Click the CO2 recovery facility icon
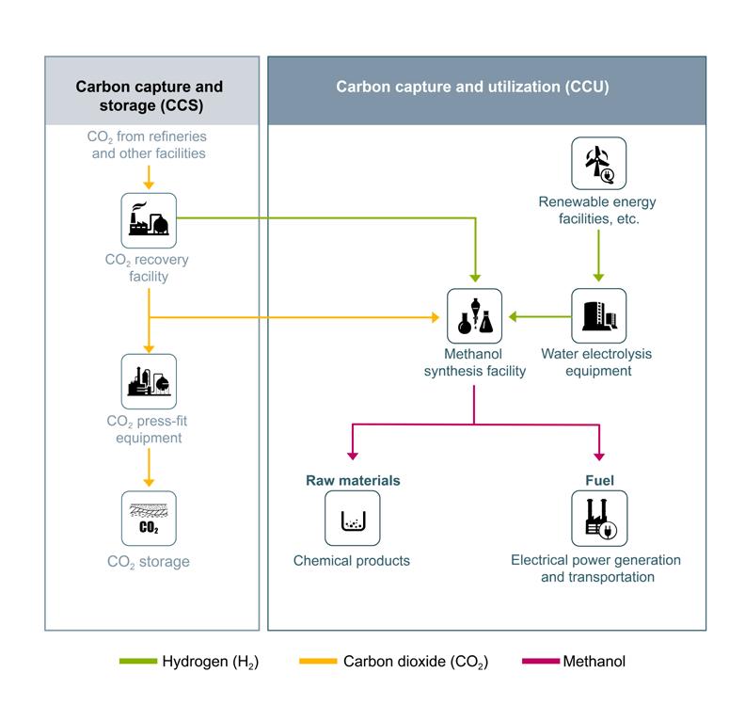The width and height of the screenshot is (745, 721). point(149,220)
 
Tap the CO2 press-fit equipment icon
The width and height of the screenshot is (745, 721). point(149,381)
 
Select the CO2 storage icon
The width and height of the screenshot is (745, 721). point(149,518)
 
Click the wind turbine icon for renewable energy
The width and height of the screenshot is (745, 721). point(598,164)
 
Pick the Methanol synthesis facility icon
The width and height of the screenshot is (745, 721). point(474,315)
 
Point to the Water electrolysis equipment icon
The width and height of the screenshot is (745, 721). point(598,315)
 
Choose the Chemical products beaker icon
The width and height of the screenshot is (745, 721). point(353,518)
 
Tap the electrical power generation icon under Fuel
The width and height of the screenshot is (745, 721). point(599,518)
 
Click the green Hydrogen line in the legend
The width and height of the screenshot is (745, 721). point(137,661)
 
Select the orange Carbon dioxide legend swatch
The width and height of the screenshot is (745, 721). point(318,661)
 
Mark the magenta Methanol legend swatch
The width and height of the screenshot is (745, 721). point(541,661)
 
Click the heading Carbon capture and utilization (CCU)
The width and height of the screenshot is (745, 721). point(473,87)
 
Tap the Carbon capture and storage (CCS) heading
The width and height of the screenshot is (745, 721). point(150,95)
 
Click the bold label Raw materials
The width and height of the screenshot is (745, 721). point(353,480)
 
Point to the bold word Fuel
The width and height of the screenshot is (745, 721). point(599,480)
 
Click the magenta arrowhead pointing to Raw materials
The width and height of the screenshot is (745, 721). point(353,457)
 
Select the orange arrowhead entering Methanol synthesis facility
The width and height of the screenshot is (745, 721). point(436,317)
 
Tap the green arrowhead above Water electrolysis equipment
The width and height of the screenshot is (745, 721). point(598,278)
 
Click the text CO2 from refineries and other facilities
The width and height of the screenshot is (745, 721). point(148,145)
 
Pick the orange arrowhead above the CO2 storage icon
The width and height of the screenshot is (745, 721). point(149,483)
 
